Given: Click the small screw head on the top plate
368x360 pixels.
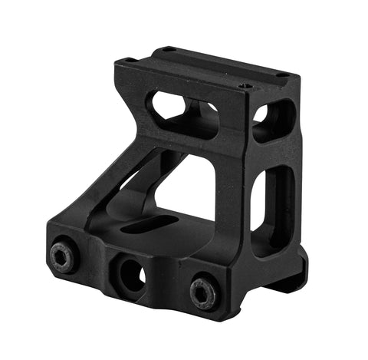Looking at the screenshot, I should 245,86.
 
